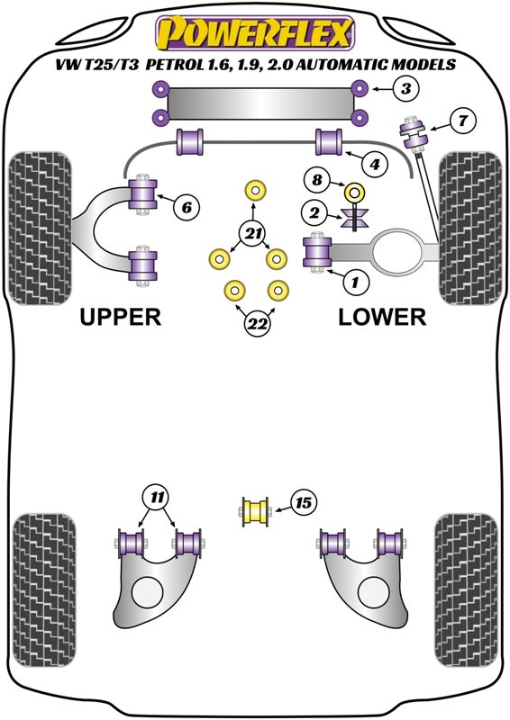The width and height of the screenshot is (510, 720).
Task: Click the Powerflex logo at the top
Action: tap(255, 33)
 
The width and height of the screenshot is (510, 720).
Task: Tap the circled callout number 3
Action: tap(405, 88)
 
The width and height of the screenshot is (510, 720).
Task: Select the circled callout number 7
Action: tap(462, 121)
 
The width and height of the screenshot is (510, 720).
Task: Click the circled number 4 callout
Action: tap(374, 164)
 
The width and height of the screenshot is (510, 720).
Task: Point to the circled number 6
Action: tap(187, 208)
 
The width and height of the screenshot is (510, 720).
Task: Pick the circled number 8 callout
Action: tap(317, 179)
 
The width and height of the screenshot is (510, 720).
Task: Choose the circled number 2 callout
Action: tap(314, 212)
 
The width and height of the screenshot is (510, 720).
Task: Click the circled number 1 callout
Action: tap(354, 282)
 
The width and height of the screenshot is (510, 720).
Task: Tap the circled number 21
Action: tap(252, 234)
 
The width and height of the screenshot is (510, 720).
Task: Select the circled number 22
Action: tap(257, 324)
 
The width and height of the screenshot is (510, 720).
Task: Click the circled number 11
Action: tap(157, 497)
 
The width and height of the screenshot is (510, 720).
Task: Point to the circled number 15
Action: tap(303, 503)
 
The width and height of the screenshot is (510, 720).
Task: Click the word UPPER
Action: tap(121, 317)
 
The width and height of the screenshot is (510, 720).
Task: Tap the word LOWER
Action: tap(382, 317)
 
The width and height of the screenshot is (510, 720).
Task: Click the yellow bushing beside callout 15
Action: tap(255, 511)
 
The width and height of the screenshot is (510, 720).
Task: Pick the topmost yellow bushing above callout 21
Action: tap(254, 190)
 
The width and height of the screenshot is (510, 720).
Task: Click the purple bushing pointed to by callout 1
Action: tap(317, 252)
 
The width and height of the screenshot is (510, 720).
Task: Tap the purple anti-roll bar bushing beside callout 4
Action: tap(329, 142)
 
